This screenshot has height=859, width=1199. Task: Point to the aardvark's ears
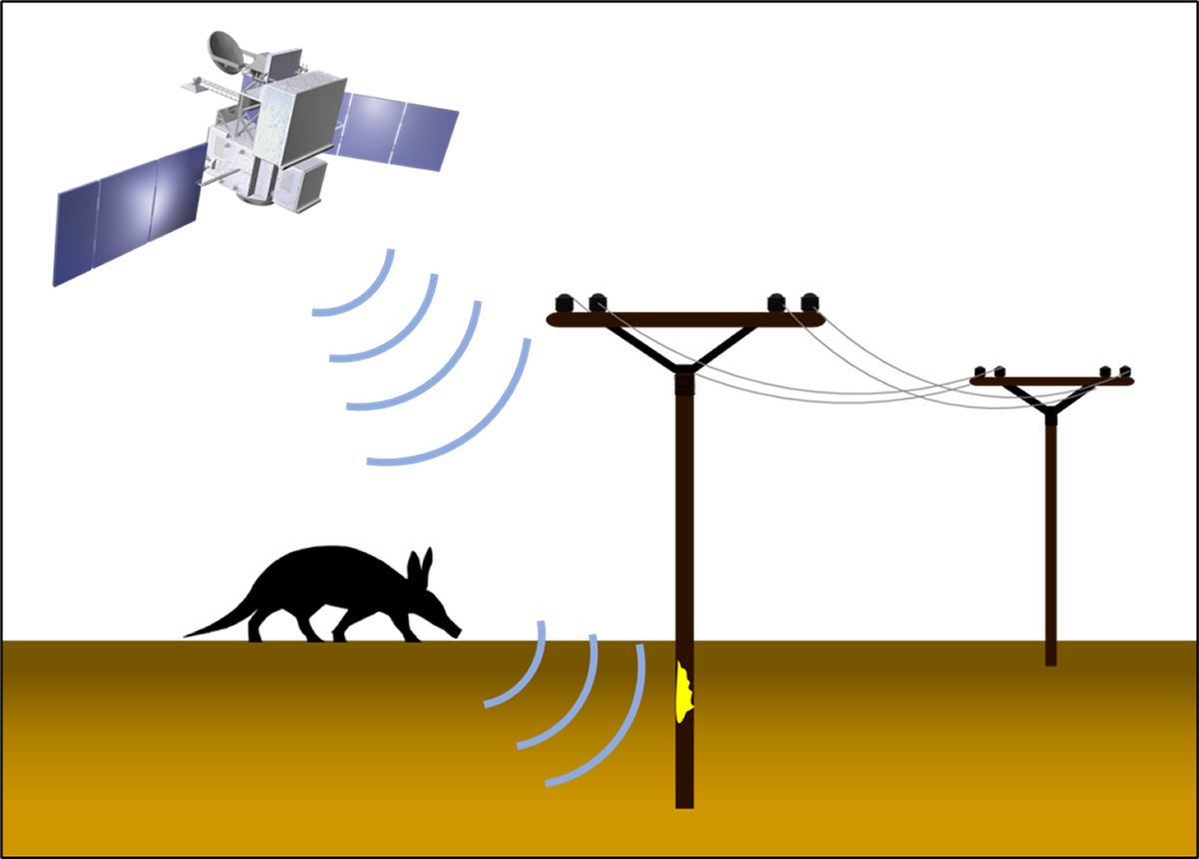tap(422, 561)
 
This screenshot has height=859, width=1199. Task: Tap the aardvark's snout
tap(455, 629)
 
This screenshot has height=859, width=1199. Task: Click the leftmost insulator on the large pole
tap(564, 301)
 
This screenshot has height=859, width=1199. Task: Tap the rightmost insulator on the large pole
tap(810, 300)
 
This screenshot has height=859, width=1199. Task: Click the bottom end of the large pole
tap(684, 799)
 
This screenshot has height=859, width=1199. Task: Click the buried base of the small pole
tap(1050, 654)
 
